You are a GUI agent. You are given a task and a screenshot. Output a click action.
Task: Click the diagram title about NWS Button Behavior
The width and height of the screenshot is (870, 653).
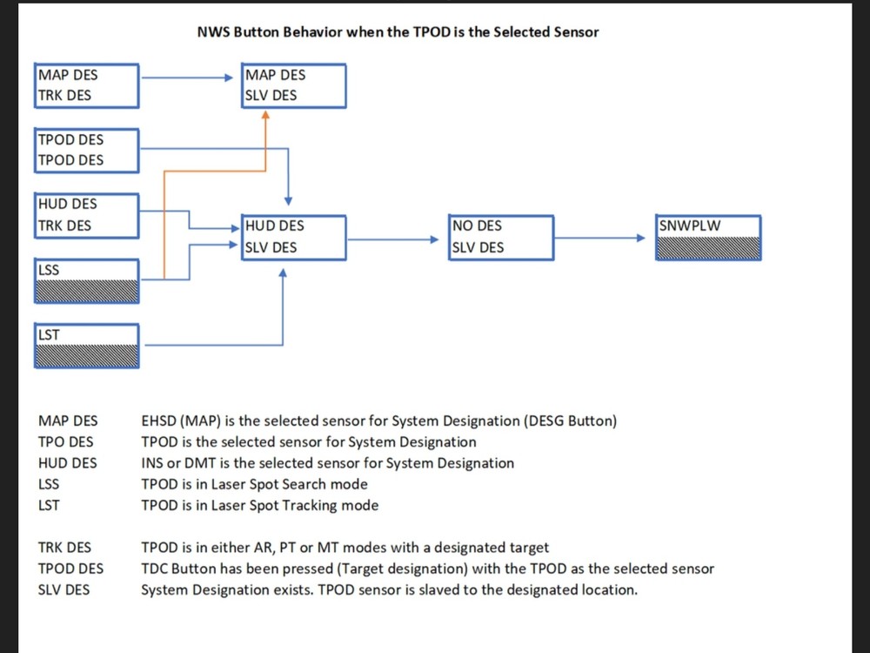[398, 32]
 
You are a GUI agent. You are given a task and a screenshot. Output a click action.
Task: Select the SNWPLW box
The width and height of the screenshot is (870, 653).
[710, 238]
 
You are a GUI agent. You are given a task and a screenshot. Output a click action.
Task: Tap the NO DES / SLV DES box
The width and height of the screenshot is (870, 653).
[501, 237]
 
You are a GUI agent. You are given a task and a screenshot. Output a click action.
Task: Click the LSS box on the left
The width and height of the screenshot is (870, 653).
[87, 280]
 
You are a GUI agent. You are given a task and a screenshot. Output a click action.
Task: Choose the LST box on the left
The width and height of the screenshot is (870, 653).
[87, 346]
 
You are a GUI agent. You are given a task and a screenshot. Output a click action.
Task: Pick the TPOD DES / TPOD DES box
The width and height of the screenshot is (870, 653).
[87, 150]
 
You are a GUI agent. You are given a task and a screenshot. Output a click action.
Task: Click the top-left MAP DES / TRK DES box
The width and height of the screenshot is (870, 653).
[87, 85]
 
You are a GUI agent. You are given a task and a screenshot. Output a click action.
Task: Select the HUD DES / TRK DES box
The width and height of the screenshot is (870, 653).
[87, 215]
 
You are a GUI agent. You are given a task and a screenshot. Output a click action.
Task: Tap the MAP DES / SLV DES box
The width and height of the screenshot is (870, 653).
[294, 85]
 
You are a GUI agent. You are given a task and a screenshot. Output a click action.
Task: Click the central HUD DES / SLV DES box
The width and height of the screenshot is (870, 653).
[294, 237]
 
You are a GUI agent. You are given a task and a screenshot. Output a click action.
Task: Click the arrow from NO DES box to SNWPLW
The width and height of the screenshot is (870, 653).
[606, 238]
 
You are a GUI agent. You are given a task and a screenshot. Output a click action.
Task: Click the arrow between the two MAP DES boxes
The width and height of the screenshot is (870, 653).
[191, 77]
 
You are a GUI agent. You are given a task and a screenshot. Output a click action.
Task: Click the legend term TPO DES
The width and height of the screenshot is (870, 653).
[66, 442]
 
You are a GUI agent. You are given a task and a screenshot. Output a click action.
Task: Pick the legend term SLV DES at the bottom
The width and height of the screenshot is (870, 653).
[64, 589]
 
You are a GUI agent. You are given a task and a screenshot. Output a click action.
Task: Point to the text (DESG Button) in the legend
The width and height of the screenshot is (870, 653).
[571, 421]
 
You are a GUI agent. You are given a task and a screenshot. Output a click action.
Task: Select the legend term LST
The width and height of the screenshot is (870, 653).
[49, 505]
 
